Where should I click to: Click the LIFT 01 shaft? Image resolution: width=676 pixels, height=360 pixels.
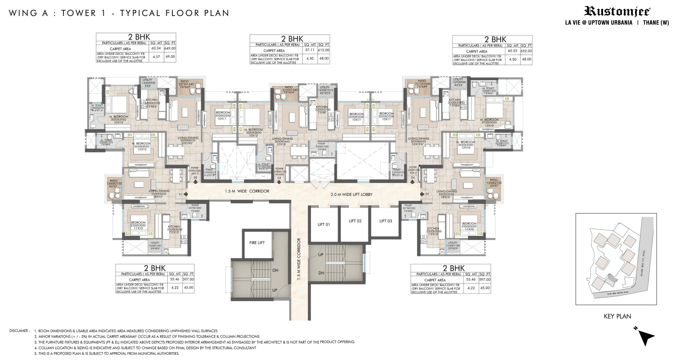pos(324,224)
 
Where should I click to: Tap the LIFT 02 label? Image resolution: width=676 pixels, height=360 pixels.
pos(355,221)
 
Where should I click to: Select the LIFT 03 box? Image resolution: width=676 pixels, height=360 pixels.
pos(386,221)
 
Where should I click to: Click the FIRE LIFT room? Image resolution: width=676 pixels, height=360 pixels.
pos(257,243)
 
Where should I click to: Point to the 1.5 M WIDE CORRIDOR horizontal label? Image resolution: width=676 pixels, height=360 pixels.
pos(247,191)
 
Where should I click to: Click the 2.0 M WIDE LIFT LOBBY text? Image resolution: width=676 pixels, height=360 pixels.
pos(351,194)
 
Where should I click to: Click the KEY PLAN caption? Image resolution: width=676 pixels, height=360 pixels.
pos(617,316)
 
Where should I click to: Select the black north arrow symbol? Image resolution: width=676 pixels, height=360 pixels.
pos(646,336)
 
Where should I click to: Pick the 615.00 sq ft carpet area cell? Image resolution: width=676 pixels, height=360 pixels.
pos(323,50)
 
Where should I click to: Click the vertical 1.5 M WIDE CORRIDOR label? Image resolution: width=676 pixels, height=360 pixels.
pos(298,259)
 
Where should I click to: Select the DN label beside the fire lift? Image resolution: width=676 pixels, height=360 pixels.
pos(275,271)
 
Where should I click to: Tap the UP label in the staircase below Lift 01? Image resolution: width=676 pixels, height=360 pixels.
pos(321,255)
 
